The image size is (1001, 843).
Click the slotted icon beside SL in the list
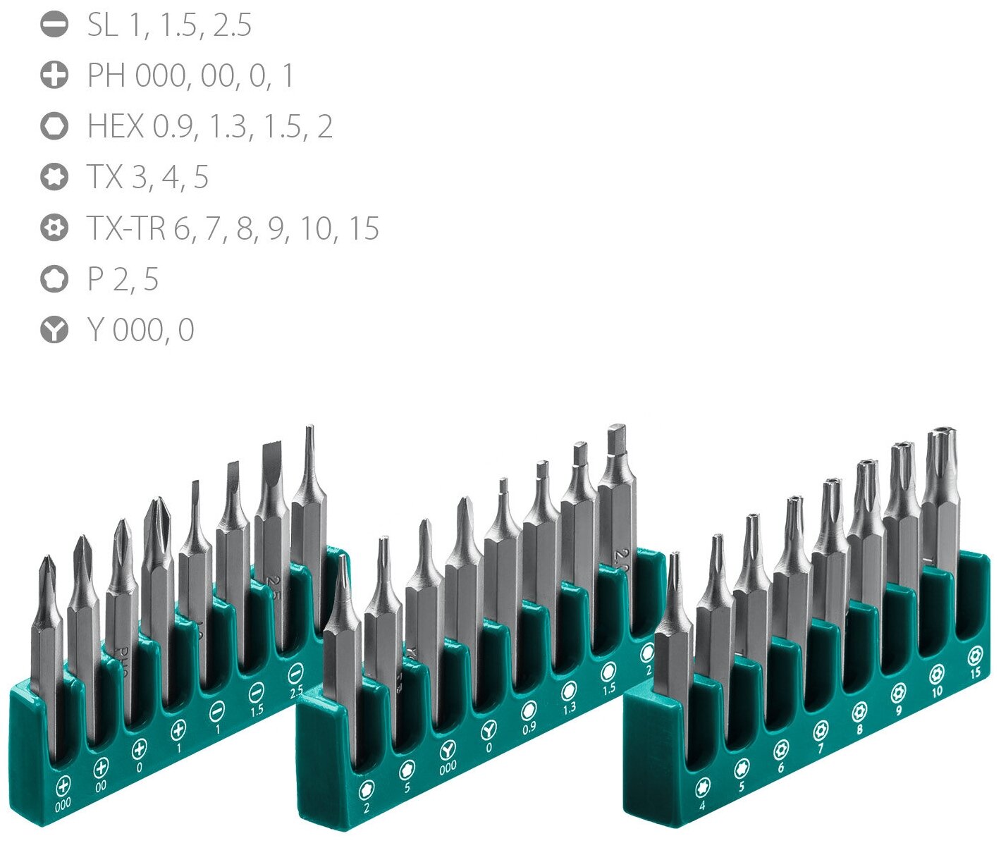pyautogui.click(x=54, y=25)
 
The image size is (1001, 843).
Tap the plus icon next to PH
pyautogui.click(x=54, y=75)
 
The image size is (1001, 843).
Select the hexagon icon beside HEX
pyautogui.click(x=54, y=126)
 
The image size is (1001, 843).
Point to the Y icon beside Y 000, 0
pyautogui.click(x=54, y=330)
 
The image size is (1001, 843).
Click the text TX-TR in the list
pyautogui.click(x=126, y=228)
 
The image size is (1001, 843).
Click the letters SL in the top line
pyautogui.click(x=102, y=25)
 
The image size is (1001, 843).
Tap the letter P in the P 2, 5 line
pyautogui.click(x=95, y=280)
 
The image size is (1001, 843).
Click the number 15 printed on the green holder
pyautogui.click(x=975, y=673)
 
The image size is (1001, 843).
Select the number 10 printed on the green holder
pyautogui.click(x=937, y=691)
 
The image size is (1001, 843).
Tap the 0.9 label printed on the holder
pyautogui.click(x=529, y=729)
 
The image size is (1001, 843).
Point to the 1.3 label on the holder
pyautogui.click(x=569, y=708)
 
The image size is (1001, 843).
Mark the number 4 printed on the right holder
pyautogui.click(x=702, y=805)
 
